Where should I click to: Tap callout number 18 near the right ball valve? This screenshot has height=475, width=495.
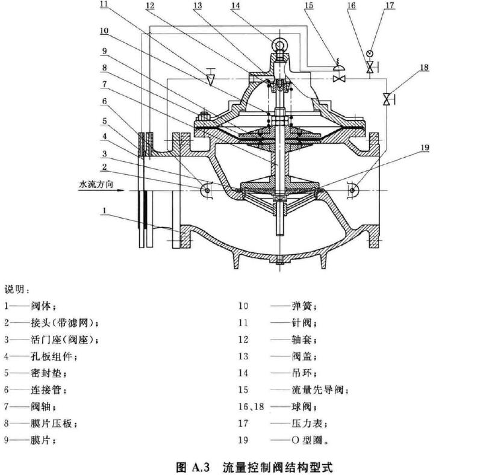(425, 68)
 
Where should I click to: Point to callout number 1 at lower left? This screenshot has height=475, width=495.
(105, 211)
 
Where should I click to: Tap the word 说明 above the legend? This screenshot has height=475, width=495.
(16, 290)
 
